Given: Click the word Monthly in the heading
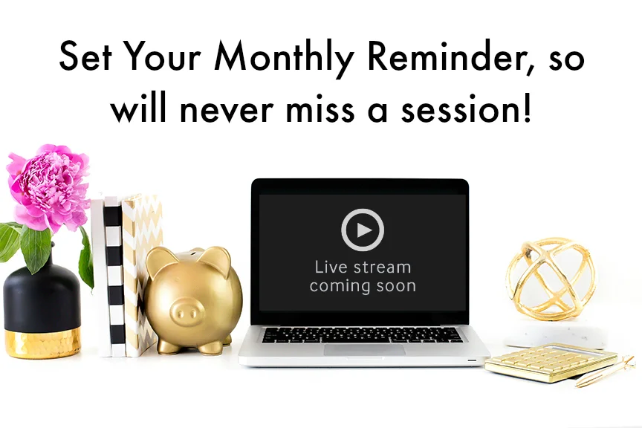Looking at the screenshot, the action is (283, 58).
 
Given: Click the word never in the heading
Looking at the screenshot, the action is (226, 111).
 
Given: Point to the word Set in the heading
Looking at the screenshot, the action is (85, 56).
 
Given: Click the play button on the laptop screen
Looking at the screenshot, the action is (363, 230).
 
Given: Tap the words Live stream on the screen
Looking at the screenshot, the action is (363, 267).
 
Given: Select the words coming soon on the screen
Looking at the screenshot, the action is (363, 286).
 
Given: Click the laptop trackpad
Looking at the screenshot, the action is (364, 350).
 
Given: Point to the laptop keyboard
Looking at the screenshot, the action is (363, 335).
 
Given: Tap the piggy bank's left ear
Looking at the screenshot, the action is (158, 261).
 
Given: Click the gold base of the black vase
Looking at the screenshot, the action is (42, 342).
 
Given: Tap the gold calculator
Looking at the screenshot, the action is (551, 363).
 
